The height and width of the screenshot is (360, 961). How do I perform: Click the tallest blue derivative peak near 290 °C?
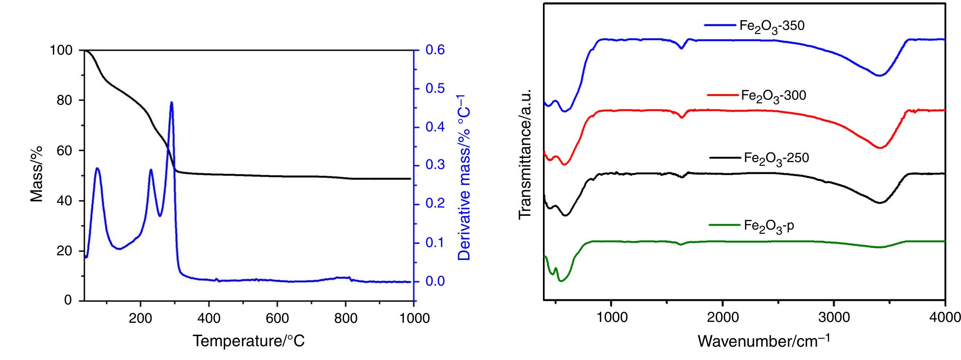coord(171,102)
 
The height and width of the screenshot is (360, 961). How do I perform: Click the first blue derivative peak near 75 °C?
coord(97,169)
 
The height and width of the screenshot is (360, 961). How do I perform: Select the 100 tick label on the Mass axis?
coord(61,50)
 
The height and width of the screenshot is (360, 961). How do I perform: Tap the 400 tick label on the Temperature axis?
coord(209,318)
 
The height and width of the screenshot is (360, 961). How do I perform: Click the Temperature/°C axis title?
coord(249,341)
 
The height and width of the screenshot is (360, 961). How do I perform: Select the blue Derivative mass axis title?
coord(465,177)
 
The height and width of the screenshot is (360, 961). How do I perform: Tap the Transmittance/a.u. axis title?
coord(525,154)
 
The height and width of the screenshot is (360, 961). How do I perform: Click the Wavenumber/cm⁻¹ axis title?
coord(763,341)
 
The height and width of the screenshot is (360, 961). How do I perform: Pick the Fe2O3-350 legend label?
coord(772,26)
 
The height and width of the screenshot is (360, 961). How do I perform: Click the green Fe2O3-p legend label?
coord(769,226)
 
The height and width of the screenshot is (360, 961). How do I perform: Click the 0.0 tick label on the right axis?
coord(435,281)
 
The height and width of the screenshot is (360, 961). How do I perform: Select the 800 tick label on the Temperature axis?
coord(345,318)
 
